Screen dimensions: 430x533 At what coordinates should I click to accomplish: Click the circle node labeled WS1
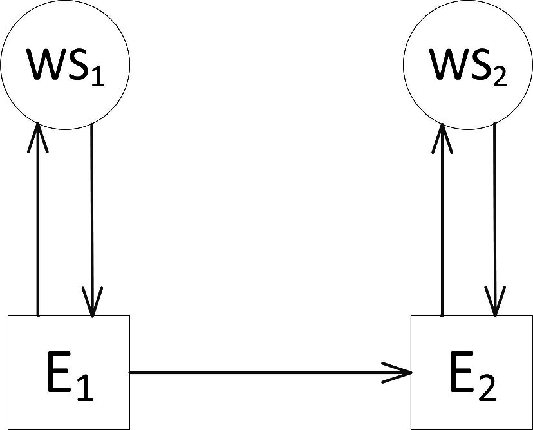65,64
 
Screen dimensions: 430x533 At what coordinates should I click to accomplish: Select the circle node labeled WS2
469,64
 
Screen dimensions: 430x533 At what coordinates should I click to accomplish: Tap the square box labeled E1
68,372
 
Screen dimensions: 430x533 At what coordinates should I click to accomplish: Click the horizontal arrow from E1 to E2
270,372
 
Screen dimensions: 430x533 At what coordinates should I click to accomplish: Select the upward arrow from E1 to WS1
38,219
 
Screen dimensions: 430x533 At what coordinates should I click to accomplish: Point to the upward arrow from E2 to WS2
442,219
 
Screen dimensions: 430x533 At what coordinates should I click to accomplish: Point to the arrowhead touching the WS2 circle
442,136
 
